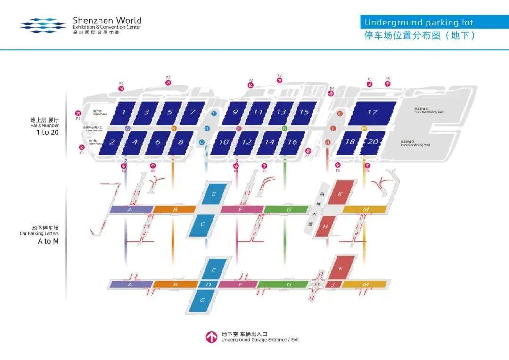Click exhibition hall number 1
point(123,112)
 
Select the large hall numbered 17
point(372,112)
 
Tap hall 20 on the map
point(372,142)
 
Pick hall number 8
point(181,142)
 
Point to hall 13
point(281,112)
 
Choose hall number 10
point(224,142)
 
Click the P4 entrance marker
point(331,93)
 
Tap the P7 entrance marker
point(307,151)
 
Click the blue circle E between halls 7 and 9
point(213,114)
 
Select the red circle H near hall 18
point(328,142)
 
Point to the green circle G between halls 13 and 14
point(284,128)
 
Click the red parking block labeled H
point(325,227)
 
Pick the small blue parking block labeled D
point(208,284)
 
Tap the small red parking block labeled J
point(333,284)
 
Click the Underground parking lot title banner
point(419,22)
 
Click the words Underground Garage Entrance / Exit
point(260,340)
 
